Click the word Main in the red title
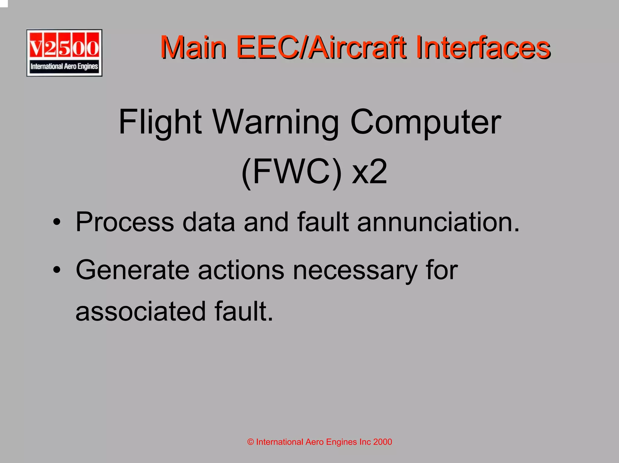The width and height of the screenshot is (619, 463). point(193,47)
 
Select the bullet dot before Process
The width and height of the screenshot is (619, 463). point(57,222)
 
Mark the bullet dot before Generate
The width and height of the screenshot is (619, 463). point(57,270)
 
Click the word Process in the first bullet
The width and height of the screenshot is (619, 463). point(125,222)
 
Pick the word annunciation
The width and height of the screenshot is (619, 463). point(438,222)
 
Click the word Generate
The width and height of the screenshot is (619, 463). point(132,270)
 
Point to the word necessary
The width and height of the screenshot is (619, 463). point(355,270)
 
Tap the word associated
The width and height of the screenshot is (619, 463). point(141,311)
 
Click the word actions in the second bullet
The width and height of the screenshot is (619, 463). point(241,270)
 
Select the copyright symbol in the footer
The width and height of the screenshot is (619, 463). point(250,442)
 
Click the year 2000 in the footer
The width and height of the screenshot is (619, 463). point(382,442)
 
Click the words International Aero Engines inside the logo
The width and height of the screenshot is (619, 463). point(64,66)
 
